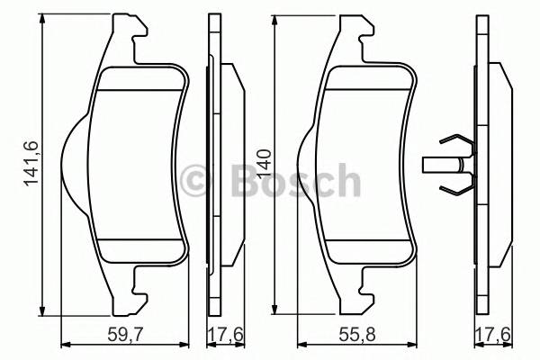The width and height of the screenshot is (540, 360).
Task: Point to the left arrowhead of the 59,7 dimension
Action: [64, 345]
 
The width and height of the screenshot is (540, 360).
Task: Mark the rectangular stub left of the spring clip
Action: [436, 165]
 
